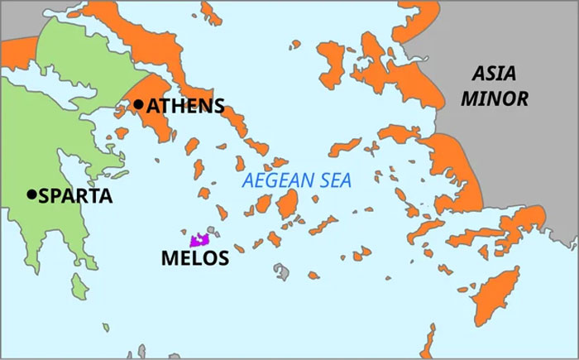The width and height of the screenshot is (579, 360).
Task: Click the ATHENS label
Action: [185, 106]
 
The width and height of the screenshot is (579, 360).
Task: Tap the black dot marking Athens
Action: [139, 105]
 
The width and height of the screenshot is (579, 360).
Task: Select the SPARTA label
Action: [71, 196]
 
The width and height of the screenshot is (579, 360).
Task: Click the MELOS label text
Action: [194, 258]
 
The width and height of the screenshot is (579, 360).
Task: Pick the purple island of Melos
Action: [199, 241]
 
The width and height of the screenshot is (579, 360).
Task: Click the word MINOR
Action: [495, 99]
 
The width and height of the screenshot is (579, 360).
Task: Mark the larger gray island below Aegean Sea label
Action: [284, 271]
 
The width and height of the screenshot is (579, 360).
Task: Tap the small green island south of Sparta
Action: [80, 287]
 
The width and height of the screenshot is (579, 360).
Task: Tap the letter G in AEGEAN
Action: [267, 181]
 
